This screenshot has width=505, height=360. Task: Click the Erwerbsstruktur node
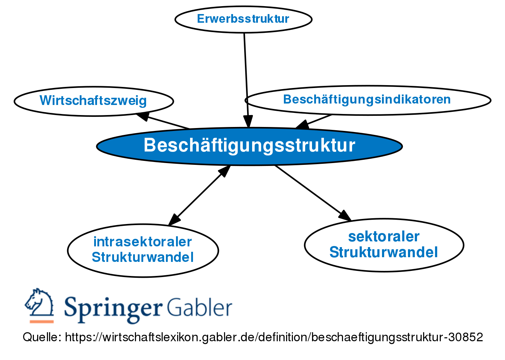click(243, 19)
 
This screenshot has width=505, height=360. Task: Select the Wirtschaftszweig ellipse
click(93, 101)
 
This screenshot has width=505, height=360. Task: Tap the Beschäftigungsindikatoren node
click(367, 100)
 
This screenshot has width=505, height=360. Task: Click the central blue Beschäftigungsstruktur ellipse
click(249, 146)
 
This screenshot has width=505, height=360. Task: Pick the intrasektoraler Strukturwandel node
click(143, 250)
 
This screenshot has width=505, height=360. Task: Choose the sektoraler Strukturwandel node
click(384, 245)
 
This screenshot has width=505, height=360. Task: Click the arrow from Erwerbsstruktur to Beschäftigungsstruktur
click(246, 72)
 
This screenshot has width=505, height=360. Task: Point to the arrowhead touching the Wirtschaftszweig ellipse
click(143, 116)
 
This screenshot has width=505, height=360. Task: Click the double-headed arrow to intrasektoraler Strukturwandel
click(199, 195)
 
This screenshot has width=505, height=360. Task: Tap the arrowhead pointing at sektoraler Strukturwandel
click(344, 215)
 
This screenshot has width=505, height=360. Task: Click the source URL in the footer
click(274, 337)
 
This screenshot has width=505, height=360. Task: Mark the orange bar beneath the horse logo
click(41, 321)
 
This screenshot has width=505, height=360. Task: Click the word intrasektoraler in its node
click(142, 242)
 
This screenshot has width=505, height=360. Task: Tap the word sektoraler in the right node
click(384, 237)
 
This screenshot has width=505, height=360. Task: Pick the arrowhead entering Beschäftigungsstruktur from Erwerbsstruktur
click(248, 122)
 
